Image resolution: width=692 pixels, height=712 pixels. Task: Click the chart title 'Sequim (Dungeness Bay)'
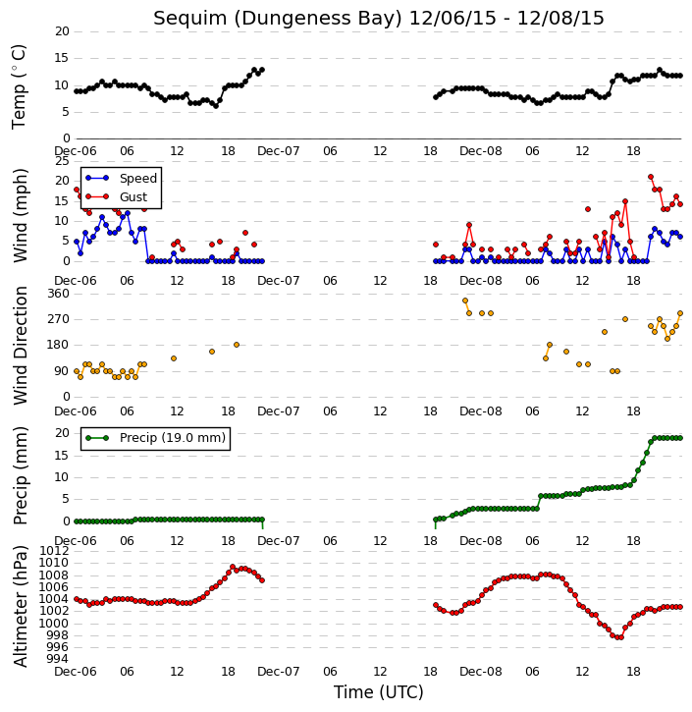click(x=278, y=19)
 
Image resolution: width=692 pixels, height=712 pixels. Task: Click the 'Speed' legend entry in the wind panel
click(x=138, y=179)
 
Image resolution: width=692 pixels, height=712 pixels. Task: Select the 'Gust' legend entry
click(x=133, y=197)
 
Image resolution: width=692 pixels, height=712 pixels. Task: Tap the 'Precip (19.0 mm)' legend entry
click(x=173, y=438)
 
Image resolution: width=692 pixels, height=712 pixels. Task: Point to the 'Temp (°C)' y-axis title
click(x=19, y=86)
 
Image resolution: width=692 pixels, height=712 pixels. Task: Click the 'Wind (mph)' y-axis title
click(x=20, y=215)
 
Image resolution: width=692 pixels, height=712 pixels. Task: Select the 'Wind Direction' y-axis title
click(x=20, y=346)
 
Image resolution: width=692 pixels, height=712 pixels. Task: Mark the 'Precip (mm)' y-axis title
click(x=20, y=476)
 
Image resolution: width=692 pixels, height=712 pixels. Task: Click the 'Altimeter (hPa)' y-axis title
click(x=20, y=607)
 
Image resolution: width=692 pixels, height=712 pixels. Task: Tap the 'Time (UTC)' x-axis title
click(x=379, y=692)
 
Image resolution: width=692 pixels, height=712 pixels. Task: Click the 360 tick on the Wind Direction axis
click(x=59, y=294)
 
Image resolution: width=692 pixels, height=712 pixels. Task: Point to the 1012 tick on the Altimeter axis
click(x=54, y=551)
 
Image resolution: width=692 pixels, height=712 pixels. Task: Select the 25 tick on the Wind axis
click(x=62, y=161)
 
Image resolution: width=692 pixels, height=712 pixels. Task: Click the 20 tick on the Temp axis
click(x=62, y=31)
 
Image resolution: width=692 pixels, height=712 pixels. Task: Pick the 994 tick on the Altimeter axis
click(x=59, y=659)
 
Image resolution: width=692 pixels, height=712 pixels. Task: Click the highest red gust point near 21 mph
click(x=651, y=177)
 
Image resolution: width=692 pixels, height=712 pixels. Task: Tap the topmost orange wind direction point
click(x=465, y=301)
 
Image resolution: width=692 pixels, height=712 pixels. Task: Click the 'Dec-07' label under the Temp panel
click(x=279, y=151)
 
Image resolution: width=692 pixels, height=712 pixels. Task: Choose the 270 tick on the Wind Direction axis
click(x=59, y=319)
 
